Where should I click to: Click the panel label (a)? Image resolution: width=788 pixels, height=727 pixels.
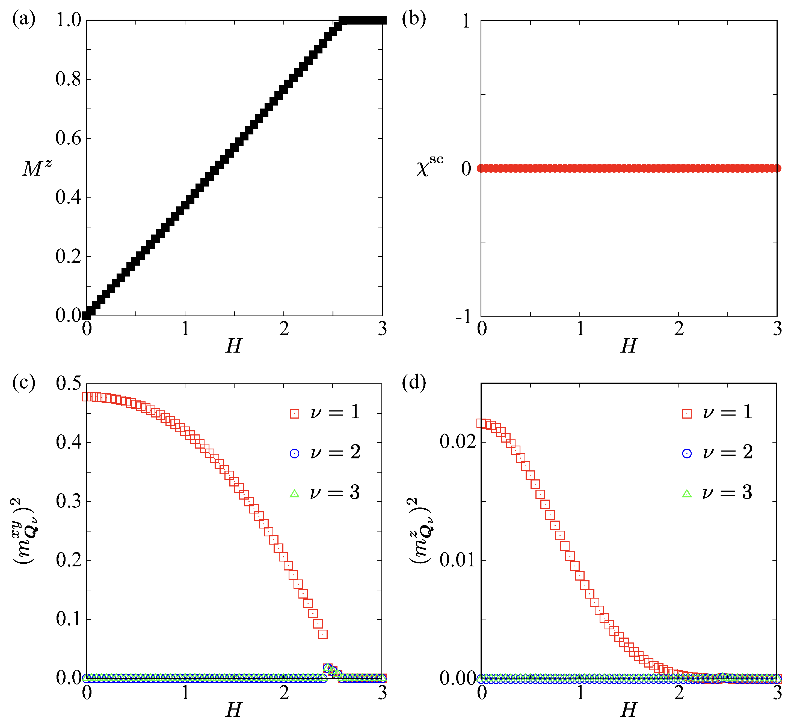(24, 19)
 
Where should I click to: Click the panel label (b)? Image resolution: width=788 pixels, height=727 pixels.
(413, 19)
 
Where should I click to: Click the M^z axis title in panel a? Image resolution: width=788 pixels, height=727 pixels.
(37, 168)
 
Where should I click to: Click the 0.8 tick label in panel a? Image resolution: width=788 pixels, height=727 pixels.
(68, 79)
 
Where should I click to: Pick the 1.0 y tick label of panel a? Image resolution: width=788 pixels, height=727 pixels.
(68, 20)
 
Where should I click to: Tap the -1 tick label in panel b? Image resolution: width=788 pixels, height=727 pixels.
(464, 316)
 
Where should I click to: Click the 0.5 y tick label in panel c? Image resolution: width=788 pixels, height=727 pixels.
(68, 383)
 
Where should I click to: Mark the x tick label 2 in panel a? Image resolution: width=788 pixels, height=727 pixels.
(284, 329)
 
